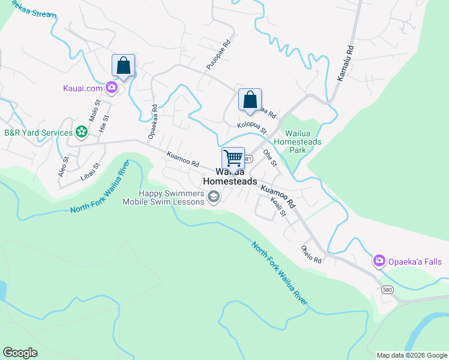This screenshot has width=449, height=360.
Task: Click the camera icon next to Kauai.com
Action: click(112, 88)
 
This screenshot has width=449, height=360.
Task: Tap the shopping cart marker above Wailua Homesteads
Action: click(233, 158)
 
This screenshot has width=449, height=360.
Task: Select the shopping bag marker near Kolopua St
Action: click(250, 100)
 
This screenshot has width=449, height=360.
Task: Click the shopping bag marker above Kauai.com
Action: click(123, 65)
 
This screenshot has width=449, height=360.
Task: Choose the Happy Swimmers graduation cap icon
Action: click(213, 197)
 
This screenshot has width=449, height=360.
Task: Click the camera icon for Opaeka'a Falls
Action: click(379, 261)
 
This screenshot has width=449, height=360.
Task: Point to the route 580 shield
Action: click(387, 290)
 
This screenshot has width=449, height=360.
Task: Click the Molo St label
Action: click(94, 112)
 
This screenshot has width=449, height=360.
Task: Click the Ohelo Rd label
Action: click(312, 254)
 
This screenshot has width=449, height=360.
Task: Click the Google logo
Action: click(20, 353)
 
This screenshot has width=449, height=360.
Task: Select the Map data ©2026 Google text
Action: click(412, 355)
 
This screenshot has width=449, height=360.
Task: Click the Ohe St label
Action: click(270, 158)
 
